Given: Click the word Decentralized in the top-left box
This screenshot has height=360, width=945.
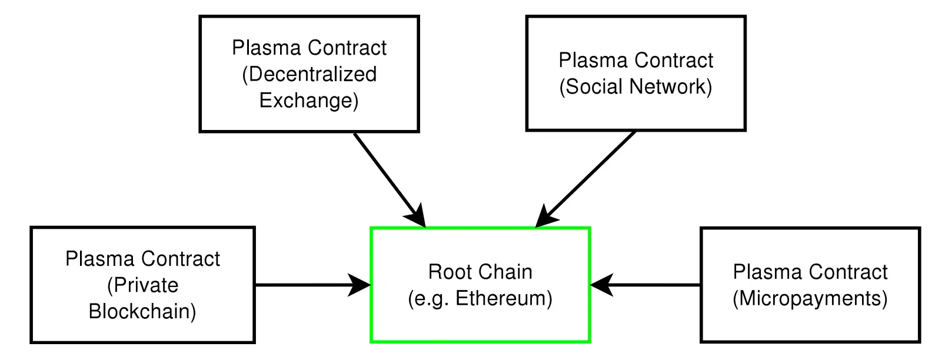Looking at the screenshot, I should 312,74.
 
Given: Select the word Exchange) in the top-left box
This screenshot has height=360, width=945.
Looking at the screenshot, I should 309,101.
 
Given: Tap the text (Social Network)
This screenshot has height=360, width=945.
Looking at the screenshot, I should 635,87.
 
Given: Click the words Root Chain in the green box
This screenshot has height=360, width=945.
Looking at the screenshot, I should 480,272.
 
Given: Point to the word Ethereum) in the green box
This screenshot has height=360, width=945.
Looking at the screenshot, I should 504,298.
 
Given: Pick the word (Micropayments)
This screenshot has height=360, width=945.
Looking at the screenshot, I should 810,298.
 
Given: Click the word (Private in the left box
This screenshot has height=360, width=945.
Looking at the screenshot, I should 142,285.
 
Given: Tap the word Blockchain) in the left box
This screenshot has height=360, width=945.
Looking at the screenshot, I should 142,311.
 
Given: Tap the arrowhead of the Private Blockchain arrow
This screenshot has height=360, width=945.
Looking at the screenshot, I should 360,285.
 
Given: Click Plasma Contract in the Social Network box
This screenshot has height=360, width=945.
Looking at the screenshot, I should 635,61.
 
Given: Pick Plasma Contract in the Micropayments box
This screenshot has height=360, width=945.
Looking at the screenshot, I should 810,272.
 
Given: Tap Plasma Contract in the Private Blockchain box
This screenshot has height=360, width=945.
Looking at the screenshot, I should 142,259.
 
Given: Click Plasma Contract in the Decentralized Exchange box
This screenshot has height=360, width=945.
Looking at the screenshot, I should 309,48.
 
